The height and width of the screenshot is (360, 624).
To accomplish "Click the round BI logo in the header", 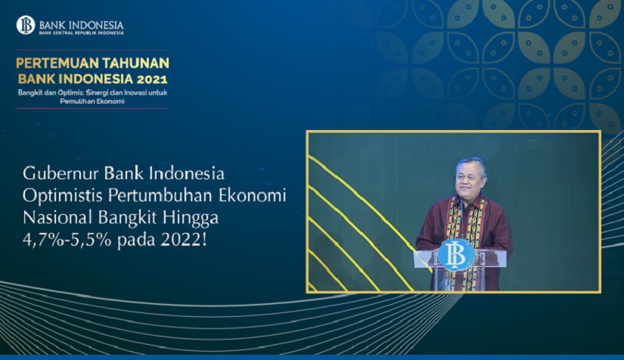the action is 26,25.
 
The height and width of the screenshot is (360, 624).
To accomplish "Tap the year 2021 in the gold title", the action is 152,79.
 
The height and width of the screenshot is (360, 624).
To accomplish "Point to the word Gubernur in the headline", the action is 61,173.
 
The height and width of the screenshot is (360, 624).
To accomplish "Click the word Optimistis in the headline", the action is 63,196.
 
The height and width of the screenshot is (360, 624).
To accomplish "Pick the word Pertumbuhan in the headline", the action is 161,196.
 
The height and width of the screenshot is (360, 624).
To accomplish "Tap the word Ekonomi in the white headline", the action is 253,196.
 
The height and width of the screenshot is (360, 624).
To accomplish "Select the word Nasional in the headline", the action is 57,218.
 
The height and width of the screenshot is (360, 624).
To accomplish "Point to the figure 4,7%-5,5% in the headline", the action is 67,241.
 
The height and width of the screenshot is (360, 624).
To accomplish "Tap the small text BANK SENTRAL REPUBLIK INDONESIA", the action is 81,33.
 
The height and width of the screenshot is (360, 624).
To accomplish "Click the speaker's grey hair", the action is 472,164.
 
